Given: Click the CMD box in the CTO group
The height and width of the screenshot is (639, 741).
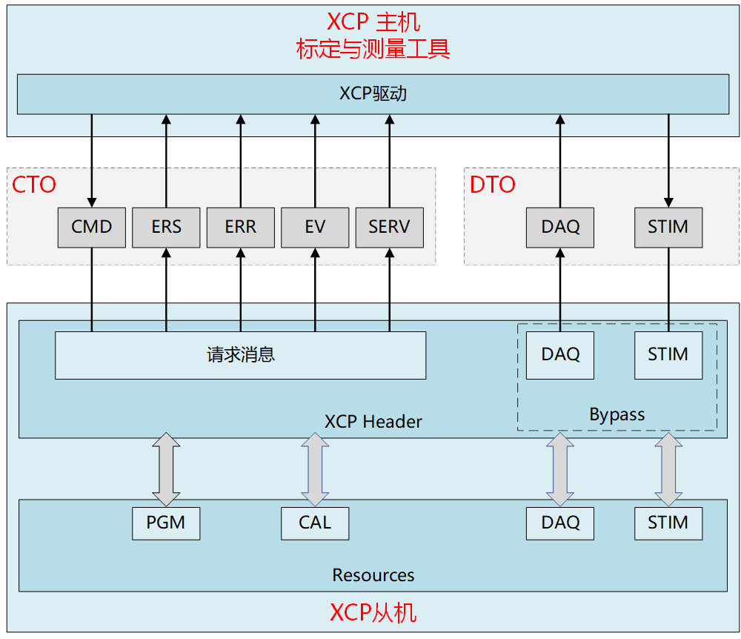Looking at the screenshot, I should [x=92, y=227].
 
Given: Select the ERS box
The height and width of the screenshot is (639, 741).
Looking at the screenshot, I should [x=166, y=227].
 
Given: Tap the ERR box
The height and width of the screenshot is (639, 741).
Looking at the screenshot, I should [x=241, y=227].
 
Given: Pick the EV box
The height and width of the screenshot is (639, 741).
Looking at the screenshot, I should [x=315, y=227].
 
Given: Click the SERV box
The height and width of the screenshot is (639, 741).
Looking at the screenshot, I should [x=389, y=227].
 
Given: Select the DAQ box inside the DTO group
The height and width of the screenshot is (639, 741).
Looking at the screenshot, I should [x=560, y=227].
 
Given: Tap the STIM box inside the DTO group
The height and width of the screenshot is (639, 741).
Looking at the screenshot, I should [x=668, y=227].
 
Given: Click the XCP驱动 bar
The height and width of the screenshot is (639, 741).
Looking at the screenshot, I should [x=373, y=94].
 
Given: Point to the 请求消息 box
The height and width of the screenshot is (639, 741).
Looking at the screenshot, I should [x=241, y=355].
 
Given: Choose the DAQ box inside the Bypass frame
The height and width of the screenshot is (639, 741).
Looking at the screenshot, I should [x=560, y=355].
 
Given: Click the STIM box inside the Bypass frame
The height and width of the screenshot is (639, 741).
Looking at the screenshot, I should [x=668, y=355].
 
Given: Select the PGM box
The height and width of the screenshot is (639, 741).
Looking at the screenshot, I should [x=166, y=523].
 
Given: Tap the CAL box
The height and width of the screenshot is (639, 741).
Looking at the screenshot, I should [x=315, y=523].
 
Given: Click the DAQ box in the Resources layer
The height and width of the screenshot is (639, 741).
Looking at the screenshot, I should [x=560, y=523].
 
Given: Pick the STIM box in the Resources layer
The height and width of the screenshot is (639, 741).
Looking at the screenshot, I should [x=668, y=523].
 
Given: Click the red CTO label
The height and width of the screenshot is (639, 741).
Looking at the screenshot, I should [x=34, y=185].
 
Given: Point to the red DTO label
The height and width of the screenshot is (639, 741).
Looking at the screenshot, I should [x=493, y=185].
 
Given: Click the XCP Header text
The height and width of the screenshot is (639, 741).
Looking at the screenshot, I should [x=373, y=422].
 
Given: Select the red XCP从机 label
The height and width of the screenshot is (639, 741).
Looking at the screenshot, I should [x=373, y=613].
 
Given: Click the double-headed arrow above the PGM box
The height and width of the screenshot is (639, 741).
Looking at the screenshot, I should [x=166, y=469].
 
